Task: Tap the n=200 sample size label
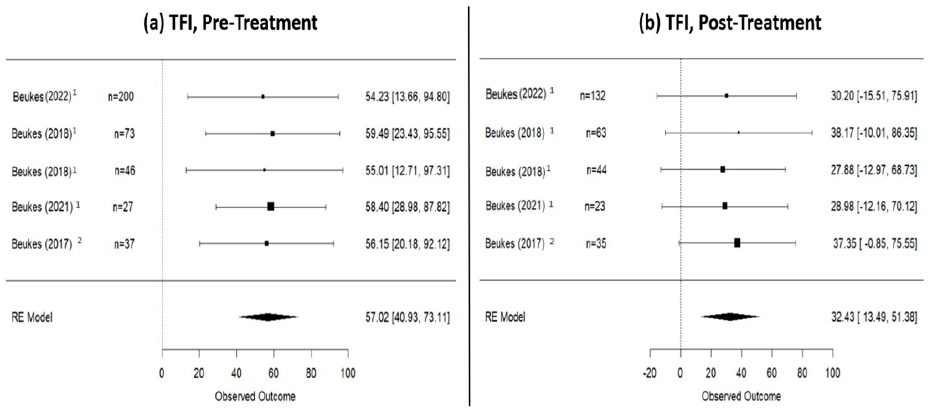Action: (121, 97)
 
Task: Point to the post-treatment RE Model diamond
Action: (730, 317)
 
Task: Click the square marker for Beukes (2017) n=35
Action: (737, 243)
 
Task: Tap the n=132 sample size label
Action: (593, 96)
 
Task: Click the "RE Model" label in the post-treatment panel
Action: (505, 317)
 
